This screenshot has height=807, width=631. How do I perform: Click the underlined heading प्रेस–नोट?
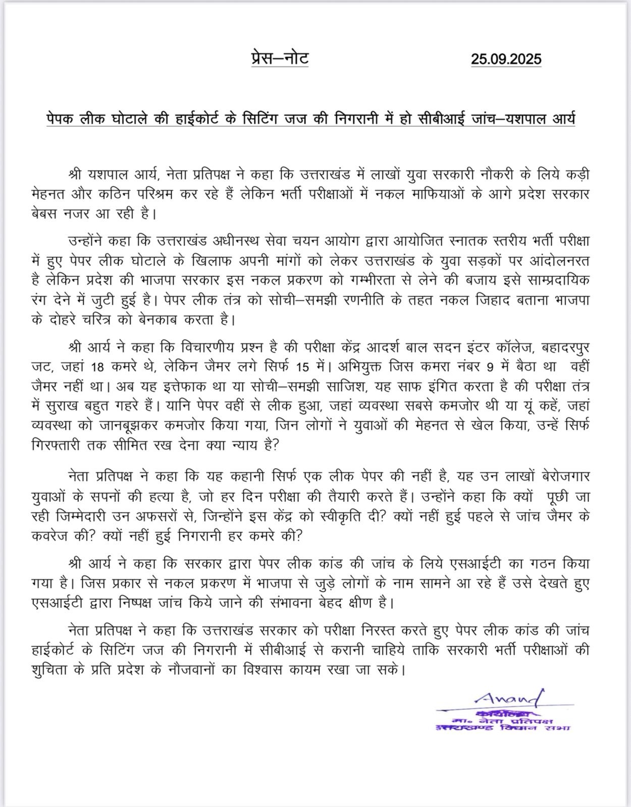pos(280,58)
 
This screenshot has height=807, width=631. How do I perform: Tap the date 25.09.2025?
pos(506,59)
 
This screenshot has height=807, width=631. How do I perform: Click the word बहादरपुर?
pos(565,348)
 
